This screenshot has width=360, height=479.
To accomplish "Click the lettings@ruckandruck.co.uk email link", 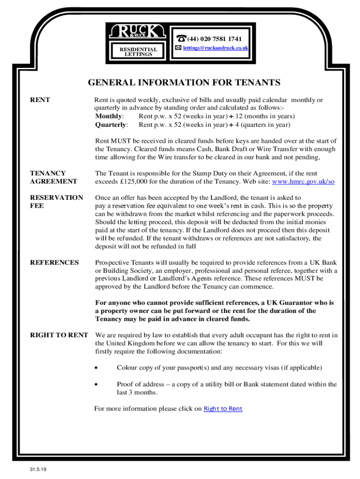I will coord(216,48).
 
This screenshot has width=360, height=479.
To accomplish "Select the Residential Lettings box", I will coord(138,51).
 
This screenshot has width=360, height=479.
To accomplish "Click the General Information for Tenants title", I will coord(184,83).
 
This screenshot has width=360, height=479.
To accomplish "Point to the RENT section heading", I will coord(40,100).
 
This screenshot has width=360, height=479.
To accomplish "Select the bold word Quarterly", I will coord(111,125).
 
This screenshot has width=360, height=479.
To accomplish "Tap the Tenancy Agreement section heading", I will coord(53,177).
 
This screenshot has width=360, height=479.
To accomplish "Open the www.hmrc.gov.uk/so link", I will coord(303,181).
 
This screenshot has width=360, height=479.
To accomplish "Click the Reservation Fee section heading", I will coord(56,202).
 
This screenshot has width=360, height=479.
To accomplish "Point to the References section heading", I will coord(54,262).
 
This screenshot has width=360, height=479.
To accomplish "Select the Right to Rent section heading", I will coord(59,335).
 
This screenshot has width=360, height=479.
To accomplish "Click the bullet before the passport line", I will coord(96,368).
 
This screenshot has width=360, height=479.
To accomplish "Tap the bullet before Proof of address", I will coord(96,385).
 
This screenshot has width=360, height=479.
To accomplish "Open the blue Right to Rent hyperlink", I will coord(223,409).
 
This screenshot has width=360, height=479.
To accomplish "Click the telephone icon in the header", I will coord(180,39).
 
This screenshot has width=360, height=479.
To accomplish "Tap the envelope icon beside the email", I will coord(178,48).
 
